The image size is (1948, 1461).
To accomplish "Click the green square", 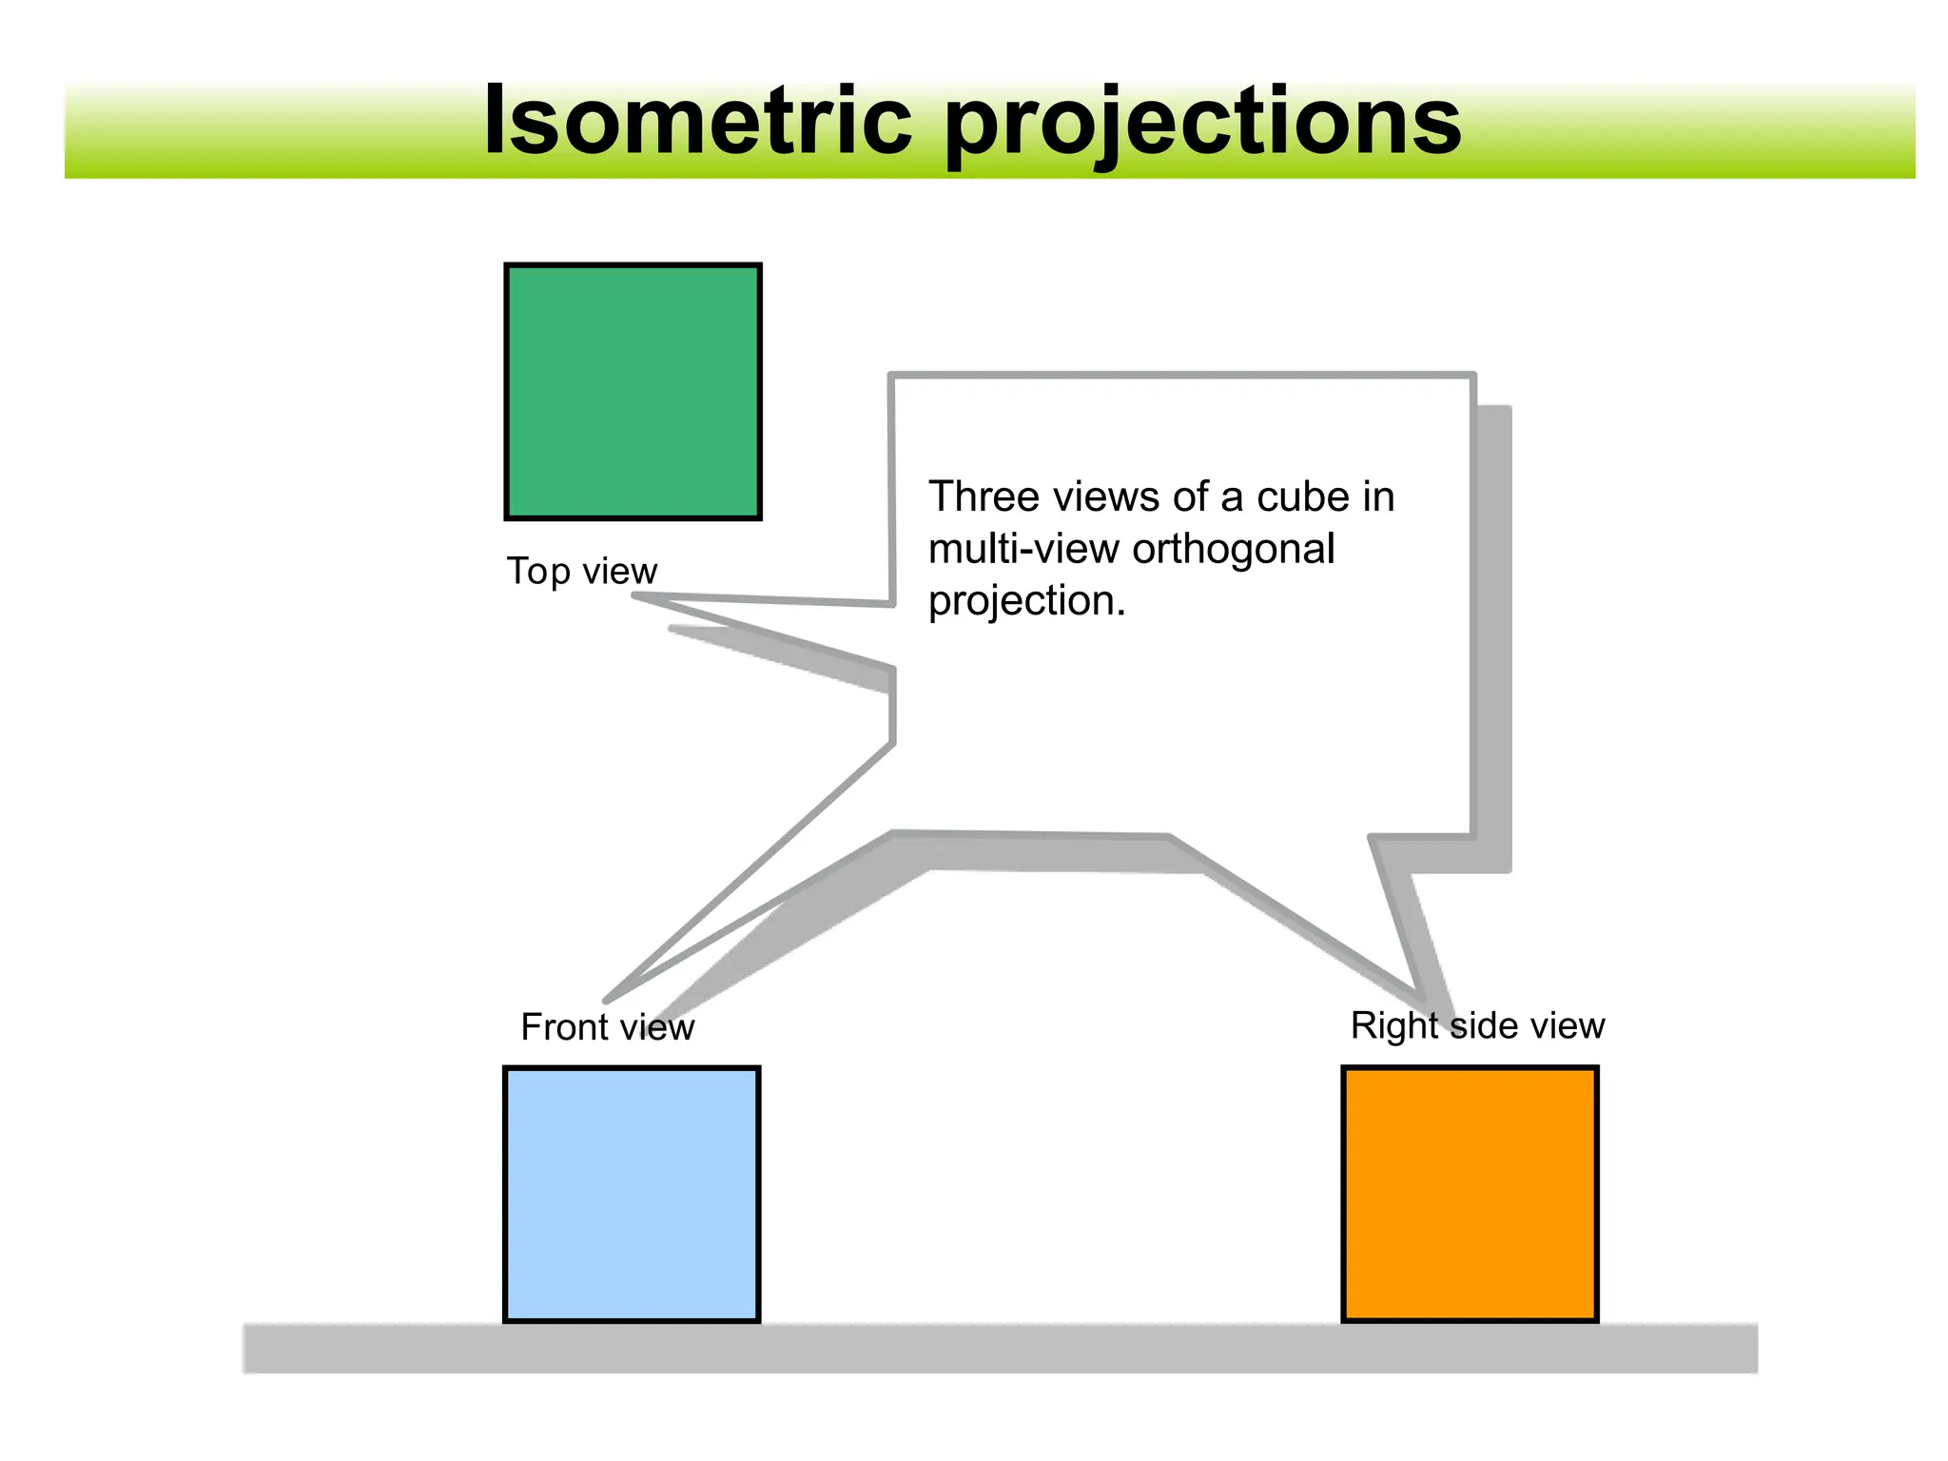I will point(633,392).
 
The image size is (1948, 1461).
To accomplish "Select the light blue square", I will point(632,1195).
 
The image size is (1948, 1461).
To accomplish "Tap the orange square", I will point(1470,1195).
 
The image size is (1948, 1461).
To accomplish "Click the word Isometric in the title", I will point(697,121).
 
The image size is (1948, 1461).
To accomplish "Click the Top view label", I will point(581,571).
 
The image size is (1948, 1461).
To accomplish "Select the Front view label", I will point(607,1027).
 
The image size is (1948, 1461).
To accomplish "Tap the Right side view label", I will point(1477,1025).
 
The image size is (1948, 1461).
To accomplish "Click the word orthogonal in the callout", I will point(1234,549).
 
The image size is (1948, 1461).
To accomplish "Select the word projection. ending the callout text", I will point(1026,601).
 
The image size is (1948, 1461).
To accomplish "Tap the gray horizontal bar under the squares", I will point(999,1348).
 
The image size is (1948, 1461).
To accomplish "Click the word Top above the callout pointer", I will point(537,572).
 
